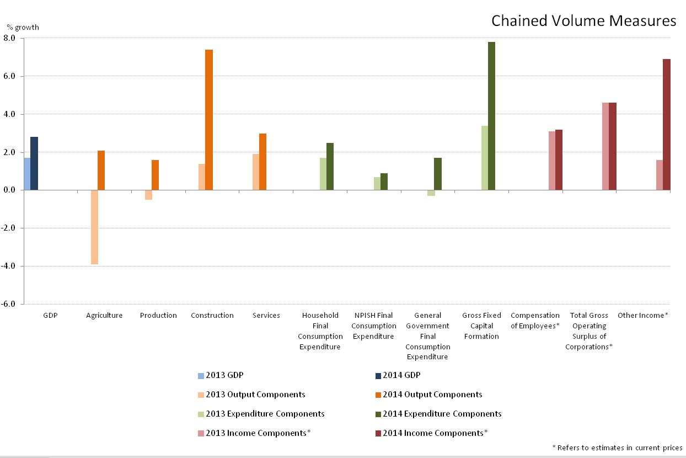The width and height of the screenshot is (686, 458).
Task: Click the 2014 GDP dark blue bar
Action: (x=34, y=163)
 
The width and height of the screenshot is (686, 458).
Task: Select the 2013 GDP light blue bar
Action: (x=27, y=174)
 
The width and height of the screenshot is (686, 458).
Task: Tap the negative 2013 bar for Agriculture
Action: (x=94, y=227)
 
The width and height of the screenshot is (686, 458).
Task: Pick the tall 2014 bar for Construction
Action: (x=209, y=120)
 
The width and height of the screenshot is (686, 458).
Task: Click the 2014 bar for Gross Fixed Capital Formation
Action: (x=491, y=116)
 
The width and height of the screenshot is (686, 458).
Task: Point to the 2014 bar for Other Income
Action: (x=667, y=124)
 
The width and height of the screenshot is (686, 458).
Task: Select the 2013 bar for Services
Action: (x=256, y=172)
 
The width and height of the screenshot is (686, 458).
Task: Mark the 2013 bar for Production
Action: (x=148, y=195)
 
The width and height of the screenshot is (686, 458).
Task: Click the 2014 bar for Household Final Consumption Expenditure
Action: (x=330, y=166)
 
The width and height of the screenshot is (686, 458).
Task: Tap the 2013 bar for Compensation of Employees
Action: (x=552, y=161)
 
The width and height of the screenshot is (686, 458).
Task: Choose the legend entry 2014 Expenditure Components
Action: (x=442, y=414)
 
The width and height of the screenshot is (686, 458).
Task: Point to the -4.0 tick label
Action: (x=10, y=266)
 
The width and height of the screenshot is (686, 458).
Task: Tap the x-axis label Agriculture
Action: (x=104, y=316)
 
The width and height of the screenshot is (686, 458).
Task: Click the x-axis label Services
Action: (x=266, y=316)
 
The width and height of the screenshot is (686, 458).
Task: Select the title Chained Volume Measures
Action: (x=583, y=21)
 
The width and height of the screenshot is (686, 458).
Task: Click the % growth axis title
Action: (x=23, y=27)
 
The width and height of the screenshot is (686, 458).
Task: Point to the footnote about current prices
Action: (x=617, y=448)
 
